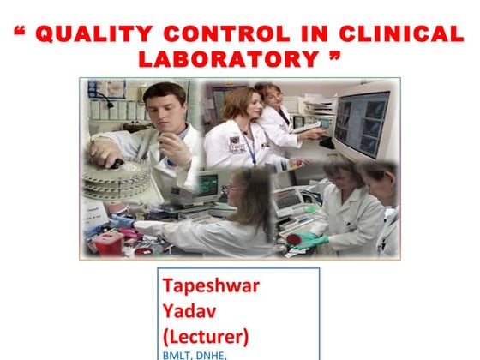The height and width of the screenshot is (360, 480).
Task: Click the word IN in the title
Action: [308, 35]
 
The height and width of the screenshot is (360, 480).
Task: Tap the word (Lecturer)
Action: [204, 332]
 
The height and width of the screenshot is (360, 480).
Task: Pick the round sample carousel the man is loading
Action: [116, 176]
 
